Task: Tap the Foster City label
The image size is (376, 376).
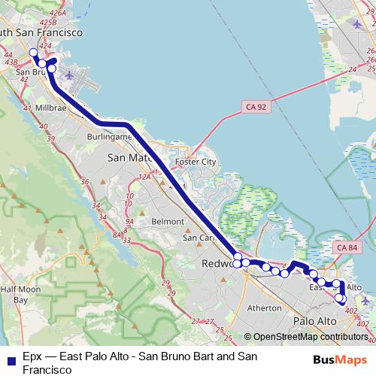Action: [x=195, y=162]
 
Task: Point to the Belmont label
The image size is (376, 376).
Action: [x=167, y=222]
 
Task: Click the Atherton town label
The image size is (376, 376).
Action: [x=264, y=308]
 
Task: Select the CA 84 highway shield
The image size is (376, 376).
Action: [x=348, y=247]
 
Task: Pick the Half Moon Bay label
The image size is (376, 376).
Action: [x=14, y=294]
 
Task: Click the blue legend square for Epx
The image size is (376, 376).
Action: [x=8, y=356]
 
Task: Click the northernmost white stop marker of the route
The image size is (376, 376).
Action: [x=33, y=53]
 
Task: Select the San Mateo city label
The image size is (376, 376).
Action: [x=131, y=158]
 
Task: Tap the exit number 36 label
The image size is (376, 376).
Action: [x=84, y=182]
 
